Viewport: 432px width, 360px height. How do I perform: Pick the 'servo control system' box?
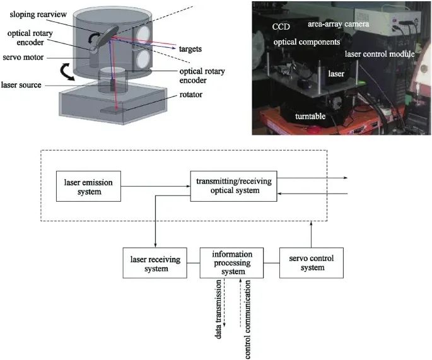312,263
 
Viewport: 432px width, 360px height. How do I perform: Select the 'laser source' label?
23,83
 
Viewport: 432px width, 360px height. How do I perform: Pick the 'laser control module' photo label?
379,55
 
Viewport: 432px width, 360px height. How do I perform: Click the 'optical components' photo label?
307,42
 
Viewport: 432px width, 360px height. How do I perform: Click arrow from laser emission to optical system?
155,186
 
